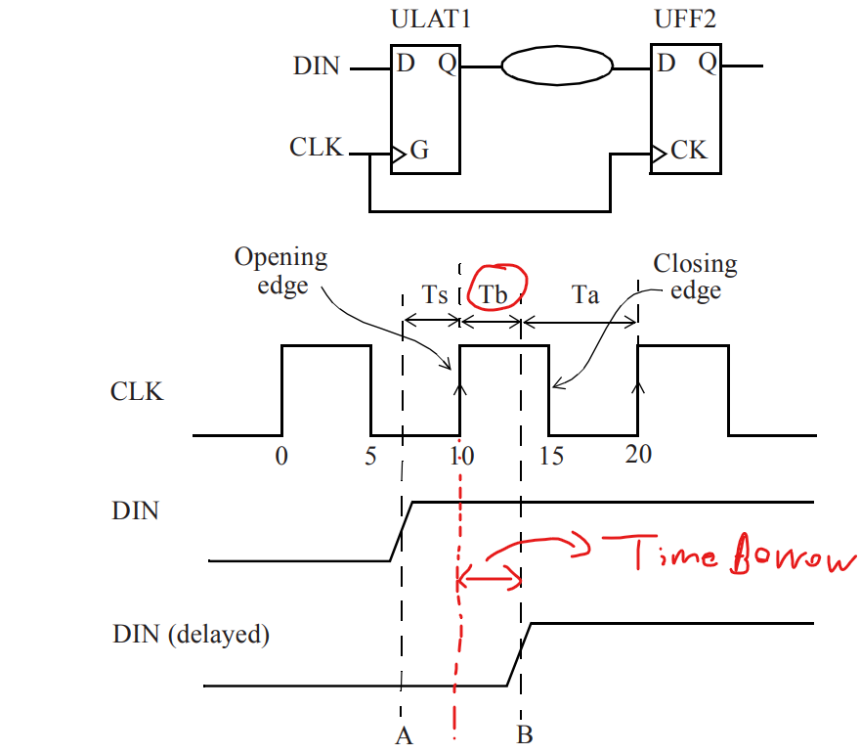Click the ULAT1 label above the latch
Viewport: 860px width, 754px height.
pyautogui.click(x=430, y=19)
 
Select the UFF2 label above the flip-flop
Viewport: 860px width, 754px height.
pyautogui.click(x=688, y=19)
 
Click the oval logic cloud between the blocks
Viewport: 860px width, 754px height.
pyautogui.click(x=557, y=67)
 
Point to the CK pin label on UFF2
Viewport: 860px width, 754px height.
pyautogui.click(x=688, y=152)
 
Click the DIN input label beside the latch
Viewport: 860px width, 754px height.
pyautogui.click(x=317, y=67)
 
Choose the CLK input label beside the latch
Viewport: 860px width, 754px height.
pyautogui.click(x=317, y=148)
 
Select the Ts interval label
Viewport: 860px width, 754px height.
pyautogui.click(x=435, y=295)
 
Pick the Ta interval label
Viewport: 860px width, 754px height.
pyautogui.click(x=584, y=294)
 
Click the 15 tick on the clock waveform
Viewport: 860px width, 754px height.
pyautogui.click(x=551, y=457)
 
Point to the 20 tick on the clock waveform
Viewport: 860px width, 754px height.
pyautogui.click(x=638, y=455)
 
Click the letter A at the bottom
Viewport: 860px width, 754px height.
pyautogui.click(x=404, y=735)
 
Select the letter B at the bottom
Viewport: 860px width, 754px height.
pyautogui.click(x=524, y=734)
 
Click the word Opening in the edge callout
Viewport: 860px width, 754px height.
pyautogui.click(x=280, y=260)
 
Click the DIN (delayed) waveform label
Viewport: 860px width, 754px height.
pyautogui.click(x=191, y=634)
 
